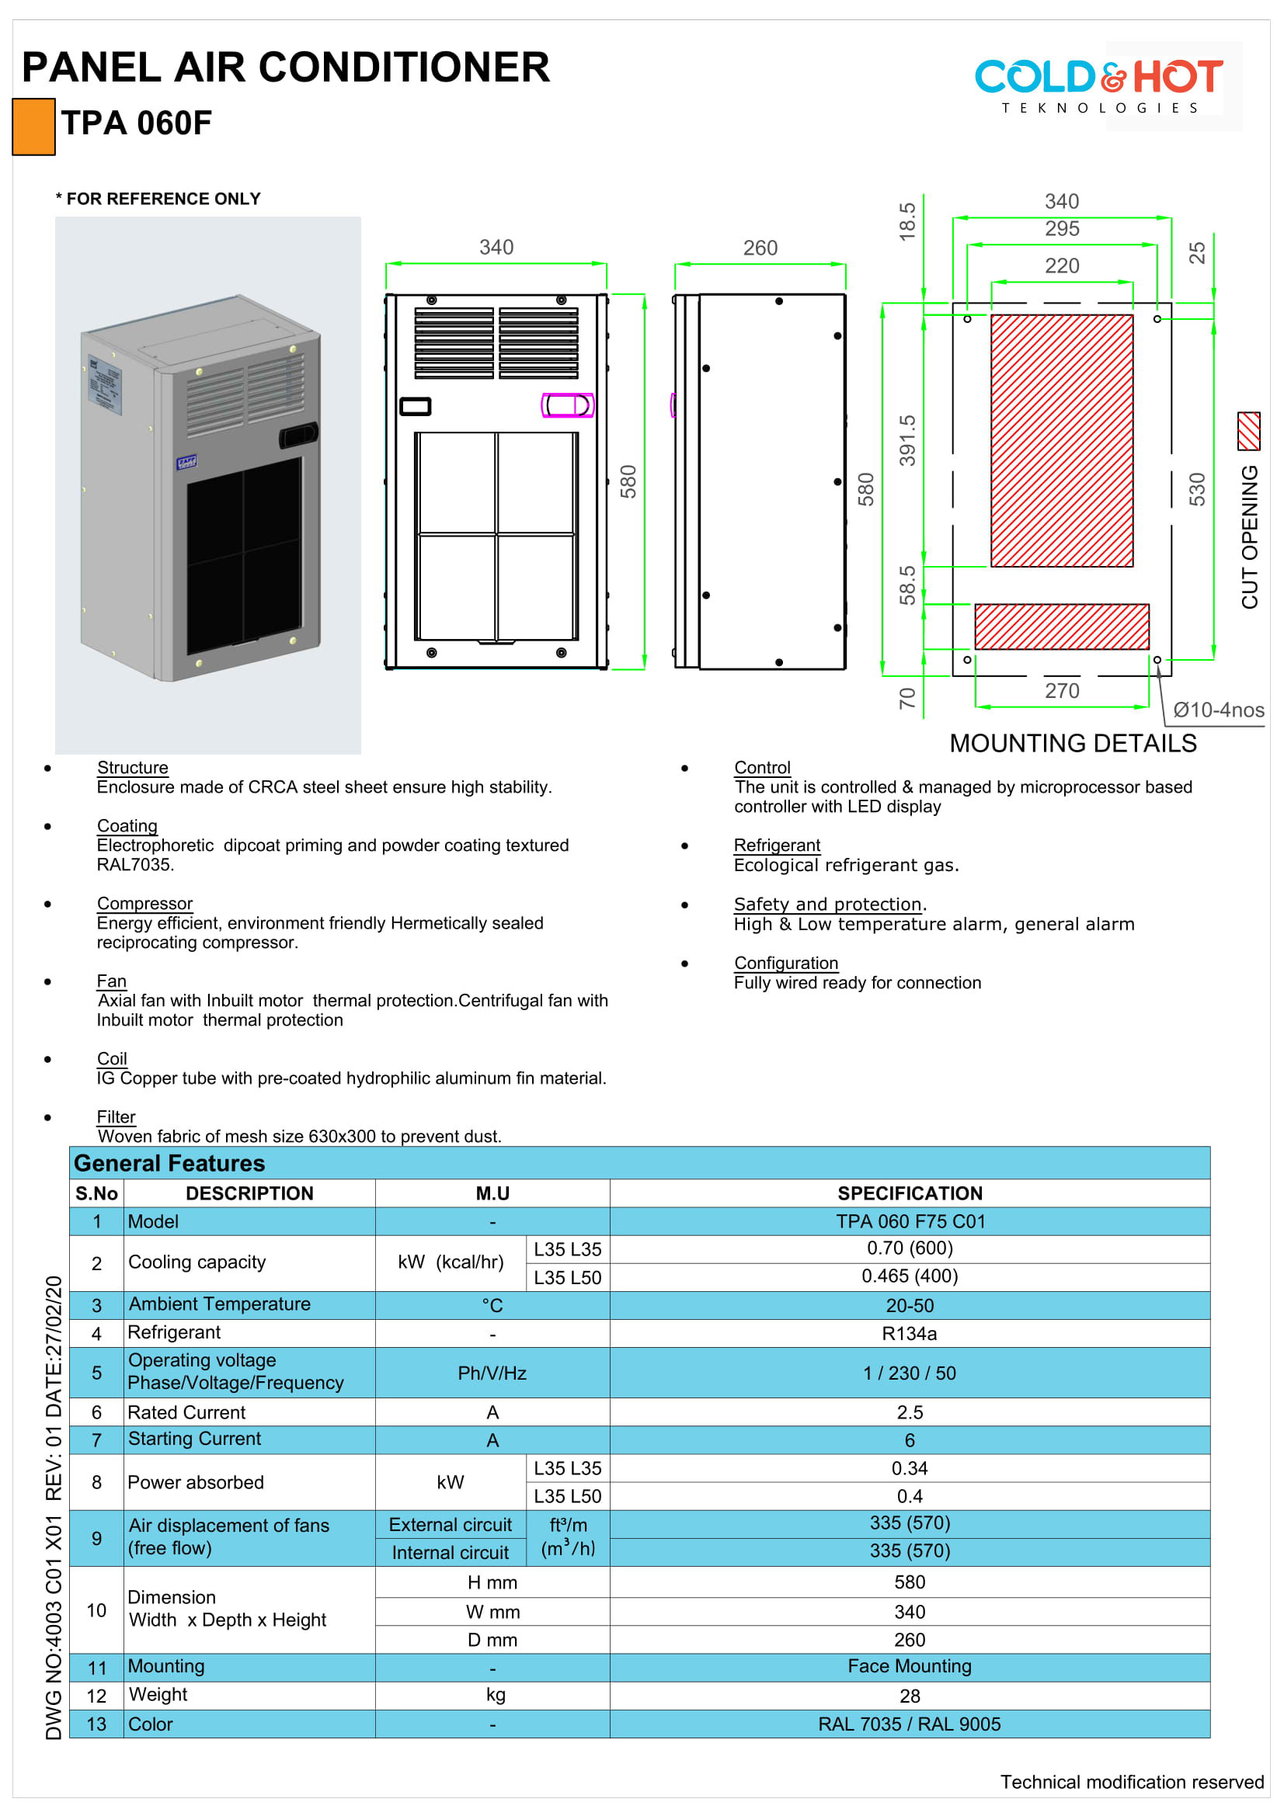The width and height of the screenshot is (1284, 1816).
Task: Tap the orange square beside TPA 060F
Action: pyautogui.click(x=34, y=127)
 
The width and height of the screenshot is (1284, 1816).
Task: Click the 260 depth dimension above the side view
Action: pyautogui.click(x=760, y=248)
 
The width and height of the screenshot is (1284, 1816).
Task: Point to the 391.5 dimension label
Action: pyautogui.click(x=906, y=439)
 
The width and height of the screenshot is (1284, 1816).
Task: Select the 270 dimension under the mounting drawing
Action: pyautogui.click(x=1061, y=690)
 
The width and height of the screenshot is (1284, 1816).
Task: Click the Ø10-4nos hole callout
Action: pyautogui.click(x=1217, y=710)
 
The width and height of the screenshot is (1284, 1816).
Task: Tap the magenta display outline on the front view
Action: pyautogui.click(x=567, y=405)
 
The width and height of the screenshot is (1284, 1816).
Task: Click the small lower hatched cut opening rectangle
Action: pyautogui.click(x=1061, y=627)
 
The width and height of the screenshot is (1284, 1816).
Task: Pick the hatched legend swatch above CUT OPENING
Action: pyautogui.click(x=1247, y=431)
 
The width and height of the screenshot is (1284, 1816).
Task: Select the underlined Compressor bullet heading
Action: pyautogui.click(x=144, y=903)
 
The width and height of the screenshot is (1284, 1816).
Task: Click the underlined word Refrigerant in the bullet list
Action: pyautogui.click(x=776, y=845)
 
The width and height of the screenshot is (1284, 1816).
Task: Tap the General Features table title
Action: pyautogui.click(x=169, y=1163)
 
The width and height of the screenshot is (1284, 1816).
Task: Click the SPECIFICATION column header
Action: pyautogui.click(x=909, y=1193)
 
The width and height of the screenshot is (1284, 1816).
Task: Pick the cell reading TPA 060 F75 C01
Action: pyautogui.click(x=910, y=1221)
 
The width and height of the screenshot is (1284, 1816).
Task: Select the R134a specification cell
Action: pyautogui.click(x=909, y=1334)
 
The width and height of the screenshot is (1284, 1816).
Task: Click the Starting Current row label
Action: pyautogui.click(x=195, y=1439)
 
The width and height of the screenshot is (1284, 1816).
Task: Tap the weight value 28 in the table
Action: pyautogui.click(x=909, y=1696)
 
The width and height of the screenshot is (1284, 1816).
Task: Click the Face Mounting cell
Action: pyautogui.click(x=909, y=1665)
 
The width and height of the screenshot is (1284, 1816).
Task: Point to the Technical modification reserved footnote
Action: pyautogui.click(x=1131, y=1781)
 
